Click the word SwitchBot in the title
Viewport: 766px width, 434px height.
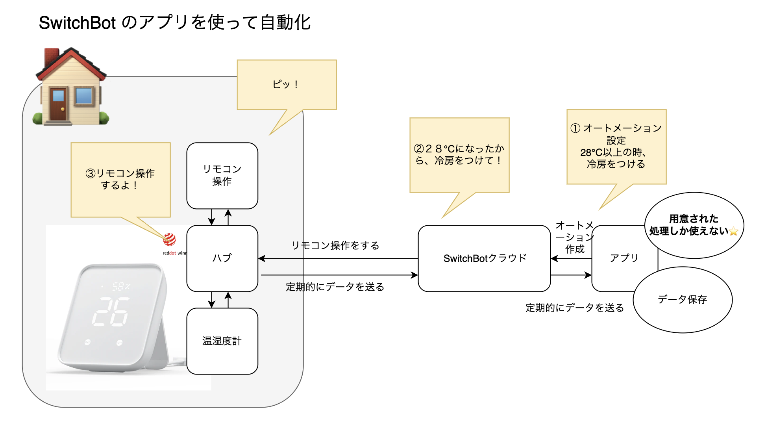tap(77, 23)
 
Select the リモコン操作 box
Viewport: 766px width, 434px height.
tap(222, 175)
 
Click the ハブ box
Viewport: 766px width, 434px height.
tap(222, 258)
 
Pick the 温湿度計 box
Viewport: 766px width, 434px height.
tap(222, 341)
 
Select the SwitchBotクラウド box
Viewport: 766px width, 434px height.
tap(484, 258)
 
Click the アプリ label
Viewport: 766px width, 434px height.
tap(624, 258)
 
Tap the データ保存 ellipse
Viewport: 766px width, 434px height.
tap(682, 300)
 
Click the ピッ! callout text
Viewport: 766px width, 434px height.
tap(286, 84)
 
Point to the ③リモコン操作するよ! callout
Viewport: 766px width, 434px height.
tap(120, 179)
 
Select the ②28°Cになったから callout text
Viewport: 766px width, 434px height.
tap(459, 154)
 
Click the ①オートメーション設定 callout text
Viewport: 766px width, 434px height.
tap(616, 146)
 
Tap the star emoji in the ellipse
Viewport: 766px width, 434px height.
tap(733, 231)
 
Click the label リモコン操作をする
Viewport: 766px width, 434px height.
tap(335, 246)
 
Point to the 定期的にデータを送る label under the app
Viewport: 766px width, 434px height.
tap(574, 308)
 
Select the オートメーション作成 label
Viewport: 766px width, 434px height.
tap(574, 237)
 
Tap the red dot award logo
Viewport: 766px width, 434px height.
tap(170, 239)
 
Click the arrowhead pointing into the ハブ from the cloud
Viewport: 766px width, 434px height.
tap(262, 258)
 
